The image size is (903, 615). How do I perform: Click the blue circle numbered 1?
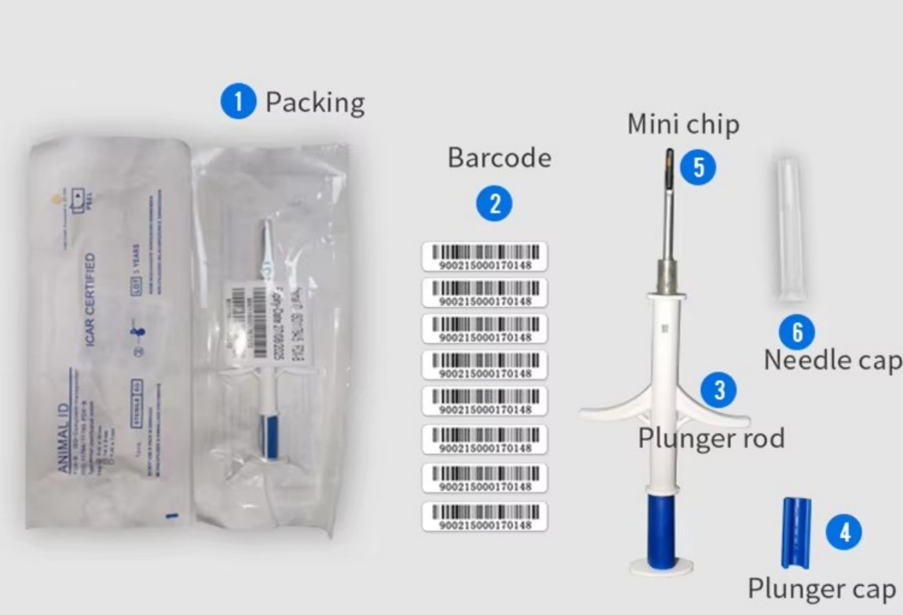coord(238,103)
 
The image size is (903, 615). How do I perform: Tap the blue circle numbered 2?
coord(495,204)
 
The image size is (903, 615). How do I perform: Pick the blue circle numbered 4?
coord(844,533)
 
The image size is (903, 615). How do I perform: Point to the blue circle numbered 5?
coord(698,167)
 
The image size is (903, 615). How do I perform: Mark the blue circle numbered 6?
coord(797,333)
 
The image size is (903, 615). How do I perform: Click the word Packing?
coord(315,103)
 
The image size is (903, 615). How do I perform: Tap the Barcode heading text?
coord(499,158)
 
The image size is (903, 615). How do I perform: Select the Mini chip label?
coord(682,124)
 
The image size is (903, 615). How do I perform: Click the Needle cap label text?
coord(832,361)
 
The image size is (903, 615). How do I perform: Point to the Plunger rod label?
coord(711,437)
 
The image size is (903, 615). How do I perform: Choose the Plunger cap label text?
coord(821,588)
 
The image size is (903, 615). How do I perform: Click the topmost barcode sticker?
coord(484,257)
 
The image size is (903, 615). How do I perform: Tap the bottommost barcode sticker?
coord(484,517)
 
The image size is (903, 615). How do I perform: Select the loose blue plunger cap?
coord(795,531)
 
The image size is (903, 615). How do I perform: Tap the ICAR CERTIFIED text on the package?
coord(91,298)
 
